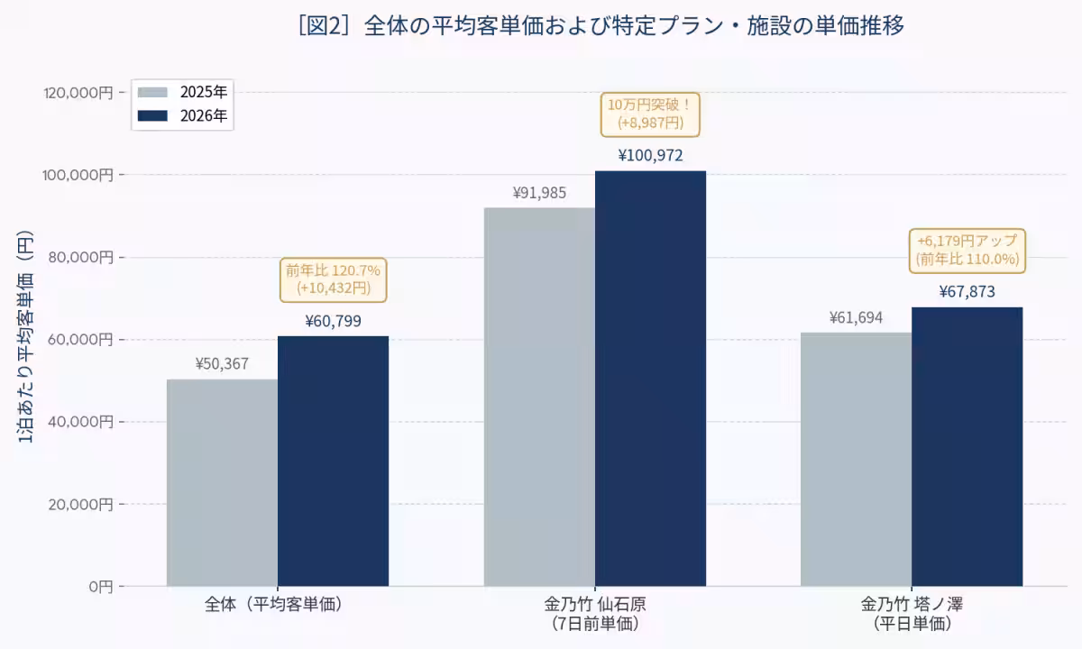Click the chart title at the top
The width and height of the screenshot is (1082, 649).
click(x=601, y=26)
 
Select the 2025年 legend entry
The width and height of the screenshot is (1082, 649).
click(x=182, y=92)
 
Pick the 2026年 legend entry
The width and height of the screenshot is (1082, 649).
click(x=182, y=116)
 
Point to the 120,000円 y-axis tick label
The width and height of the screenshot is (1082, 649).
click(x=78, y=92)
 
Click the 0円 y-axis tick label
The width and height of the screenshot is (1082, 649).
click(x=101, y=587)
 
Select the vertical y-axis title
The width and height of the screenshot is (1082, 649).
click(x=25, y=336)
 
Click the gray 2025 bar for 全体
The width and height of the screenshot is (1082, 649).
click(x=222, y=483)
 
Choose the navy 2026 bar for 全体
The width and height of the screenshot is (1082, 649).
click(x=334, y=462)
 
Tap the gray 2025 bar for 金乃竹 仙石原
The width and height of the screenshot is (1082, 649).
click(x=539, y=397)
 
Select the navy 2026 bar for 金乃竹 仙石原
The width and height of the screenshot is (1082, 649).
click(x=651, y=379)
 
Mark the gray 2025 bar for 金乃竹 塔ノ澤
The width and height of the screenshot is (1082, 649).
click(x=857, y=459)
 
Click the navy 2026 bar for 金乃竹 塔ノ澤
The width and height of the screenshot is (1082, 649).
click(x=967, y=447)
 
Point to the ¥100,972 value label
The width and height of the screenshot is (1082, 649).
click(x=651, y=155)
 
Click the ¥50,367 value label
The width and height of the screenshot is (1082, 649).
click(x=222, y=363)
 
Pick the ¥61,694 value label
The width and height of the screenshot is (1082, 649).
click(x=857, y=317)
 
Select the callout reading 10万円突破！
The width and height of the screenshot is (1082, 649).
click(x=650, y=114)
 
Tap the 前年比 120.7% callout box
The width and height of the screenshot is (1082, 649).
click(x=334, y=280)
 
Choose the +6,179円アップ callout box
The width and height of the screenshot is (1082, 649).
click(x=967, y=251)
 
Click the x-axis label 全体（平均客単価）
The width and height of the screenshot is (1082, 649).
click(x=273, y=604)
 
